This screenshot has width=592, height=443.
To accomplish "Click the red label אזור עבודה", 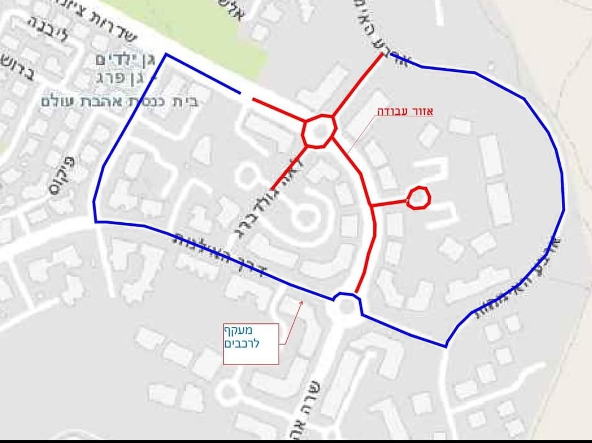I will [405, 111].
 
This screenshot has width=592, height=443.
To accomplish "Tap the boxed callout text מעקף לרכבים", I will [252, 337].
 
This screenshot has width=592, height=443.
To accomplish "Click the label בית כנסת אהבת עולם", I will [119, 100].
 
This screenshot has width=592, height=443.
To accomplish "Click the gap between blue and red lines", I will [246, 97].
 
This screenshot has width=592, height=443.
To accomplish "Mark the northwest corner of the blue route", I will [165, 55].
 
